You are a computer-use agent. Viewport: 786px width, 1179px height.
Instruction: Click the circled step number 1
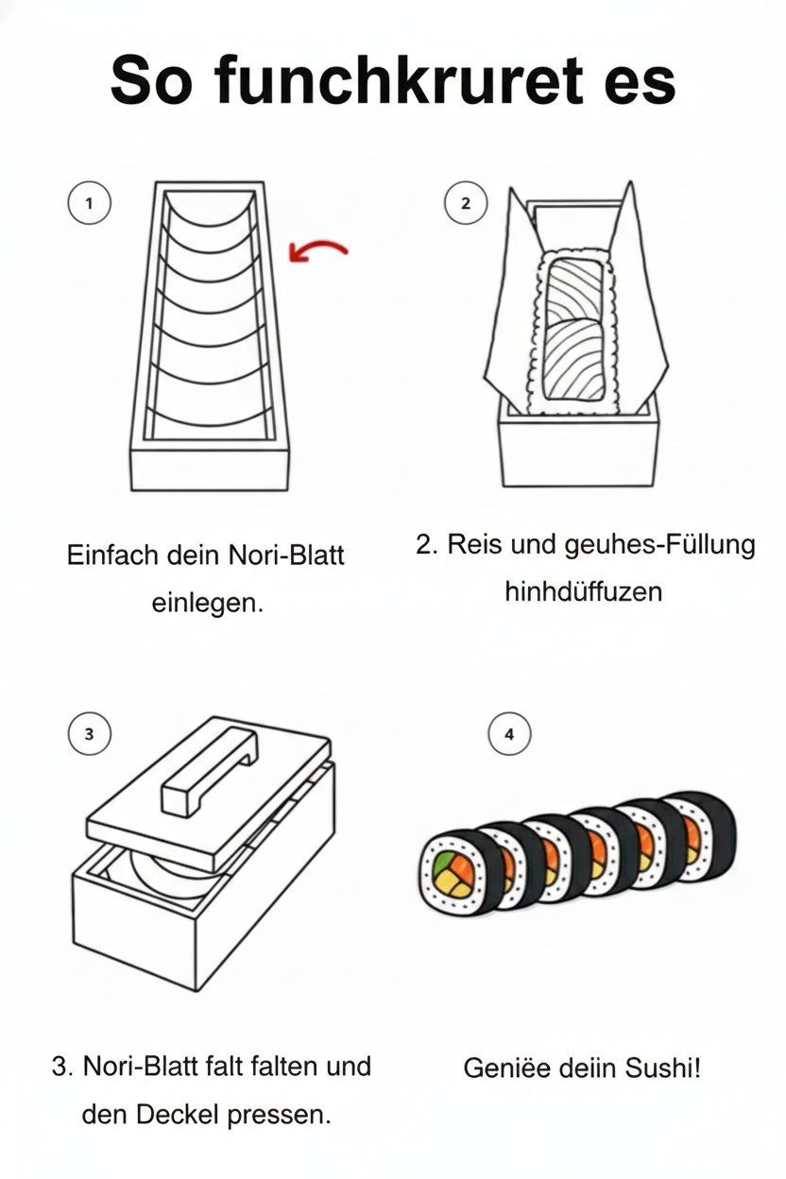(x=89, y=203)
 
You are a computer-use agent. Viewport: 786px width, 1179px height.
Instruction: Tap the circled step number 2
(x=465, y=203)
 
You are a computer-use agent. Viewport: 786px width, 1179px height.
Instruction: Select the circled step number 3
(x=89, y=734)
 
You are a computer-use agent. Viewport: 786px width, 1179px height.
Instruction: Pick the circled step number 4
(x=509, y=734)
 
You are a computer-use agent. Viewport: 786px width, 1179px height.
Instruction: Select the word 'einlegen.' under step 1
(x=207, y=603)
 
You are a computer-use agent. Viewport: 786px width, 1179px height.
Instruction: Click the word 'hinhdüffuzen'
(x=583, y=592)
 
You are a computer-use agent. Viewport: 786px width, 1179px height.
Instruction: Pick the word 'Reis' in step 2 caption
(x=475, y=545)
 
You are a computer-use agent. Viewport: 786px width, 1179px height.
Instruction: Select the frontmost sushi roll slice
(x=457, y=872)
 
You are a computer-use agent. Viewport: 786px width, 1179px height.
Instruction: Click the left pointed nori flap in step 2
(x=515, y=283)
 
